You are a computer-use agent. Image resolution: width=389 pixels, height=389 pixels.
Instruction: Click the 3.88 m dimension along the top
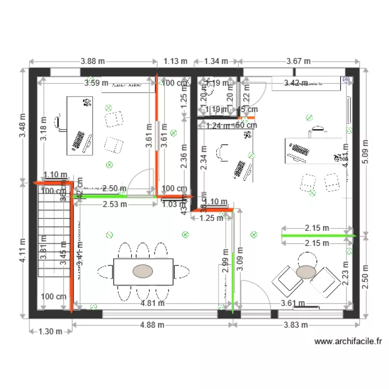tap(94, 61)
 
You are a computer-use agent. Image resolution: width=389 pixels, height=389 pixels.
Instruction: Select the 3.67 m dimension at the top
tap(298, 61)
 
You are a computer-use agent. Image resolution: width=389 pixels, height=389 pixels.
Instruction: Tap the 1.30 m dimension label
tap(50, 331)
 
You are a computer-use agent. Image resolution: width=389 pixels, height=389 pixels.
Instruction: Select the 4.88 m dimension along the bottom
tap(152, 325)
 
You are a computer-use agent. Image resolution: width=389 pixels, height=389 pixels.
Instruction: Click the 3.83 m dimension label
tap(295, 325)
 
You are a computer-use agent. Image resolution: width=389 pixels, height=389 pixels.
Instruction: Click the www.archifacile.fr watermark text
tap(348, 342)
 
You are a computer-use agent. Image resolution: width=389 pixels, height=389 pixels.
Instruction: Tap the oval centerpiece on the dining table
tap(143, 271)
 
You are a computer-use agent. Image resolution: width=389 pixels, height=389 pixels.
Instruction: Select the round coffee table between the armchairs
tap(306, 271)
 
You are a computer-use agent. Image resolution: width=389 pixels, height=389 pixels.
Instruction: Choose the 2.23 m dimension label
tap(345, 272)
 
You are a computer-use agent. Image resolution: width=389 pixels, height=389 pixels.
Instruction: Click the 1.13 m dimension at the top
tap(175, 61)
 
